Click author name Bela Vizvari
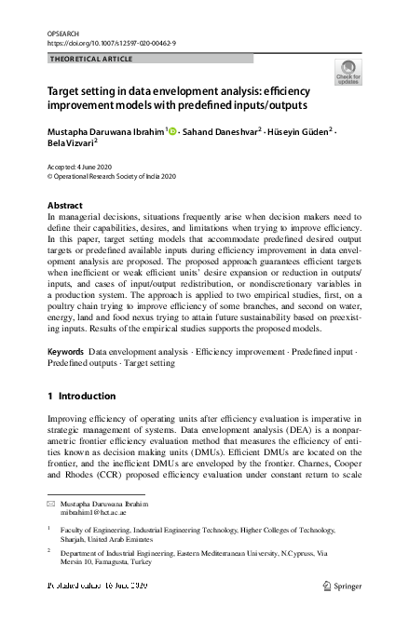[71, 145]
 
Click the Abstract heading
[64, 205]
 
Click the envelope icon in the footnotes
[51, 504]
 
